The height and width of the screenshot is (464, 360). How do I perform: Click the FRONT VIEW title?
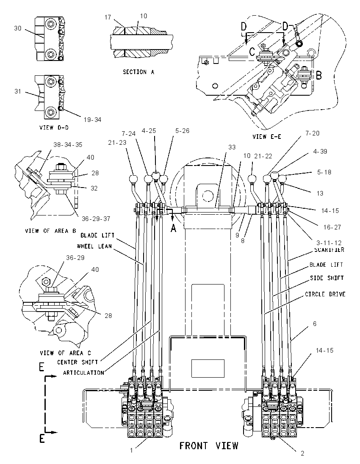coord(209,445)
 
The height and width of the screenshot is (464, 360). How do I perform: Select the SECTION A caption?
coord(138,72)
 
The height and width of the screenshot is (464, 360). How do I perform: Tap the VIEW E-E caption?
coord(267,136)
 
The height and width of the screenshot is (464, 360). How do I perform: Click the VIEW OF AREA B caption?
coord(51,231)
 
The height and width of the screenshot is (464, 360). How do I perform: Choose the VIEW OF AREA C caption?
coord(65,353)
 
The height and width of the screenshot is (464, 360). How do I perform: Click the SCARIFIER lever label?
coord(329,250)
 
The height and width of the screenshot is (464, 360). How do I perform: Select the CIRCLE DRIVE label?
coord(325,294)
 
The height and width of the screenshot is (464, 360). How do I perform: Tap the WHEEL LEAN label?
coord(94,246)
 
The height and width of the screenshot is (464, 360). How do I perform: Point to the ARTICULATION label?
coord(83,373)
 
